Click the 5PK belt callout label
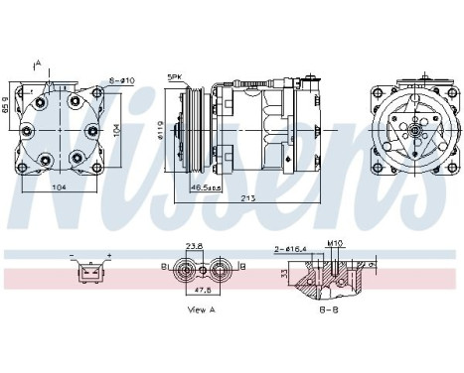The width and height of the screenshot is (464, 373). pyautogui.click(x=174, y=77)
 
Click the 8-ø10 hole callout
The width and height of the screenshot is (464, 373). pyautogui.click(x=122, y=79)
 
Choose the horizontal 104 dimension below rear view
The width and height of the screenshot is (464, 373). pyautogui.click(x=60, y=186)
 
